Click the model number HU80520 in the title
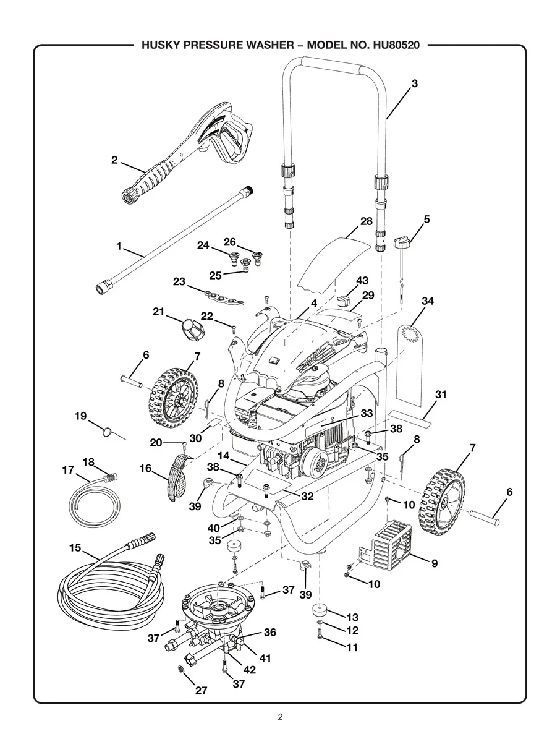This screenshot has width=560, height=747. click(x=396, y=45)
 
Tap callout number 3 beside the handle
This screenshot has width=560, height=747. click(x=415, y=83)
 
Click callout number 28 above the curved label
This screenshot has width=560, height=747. click(x=366, y=221)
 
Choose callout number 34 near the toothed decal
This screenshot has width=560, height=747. click(x=428, y=301)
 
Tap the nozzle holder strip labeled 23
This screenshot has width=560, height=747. click(x=225, y=297)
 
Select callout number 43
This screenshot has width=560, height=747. click(x=362, y=280)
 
